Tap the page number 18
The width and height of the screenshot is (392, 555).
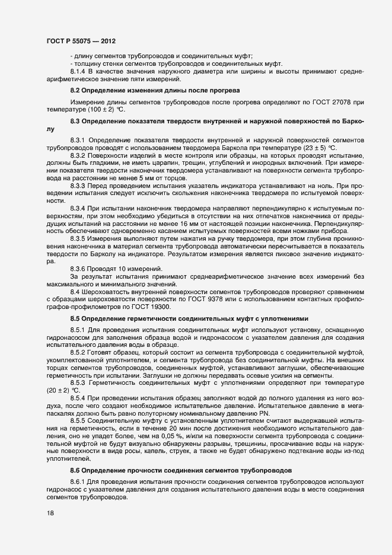(x=51, y=513)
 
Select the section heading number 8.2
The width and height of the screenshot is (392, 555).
(x=75, y=91)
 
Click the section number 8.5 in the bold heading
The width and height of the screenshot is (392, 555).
(x=75, y=318)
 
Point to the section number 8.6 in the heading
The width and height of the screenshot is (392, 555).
(x=75, y=470)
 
